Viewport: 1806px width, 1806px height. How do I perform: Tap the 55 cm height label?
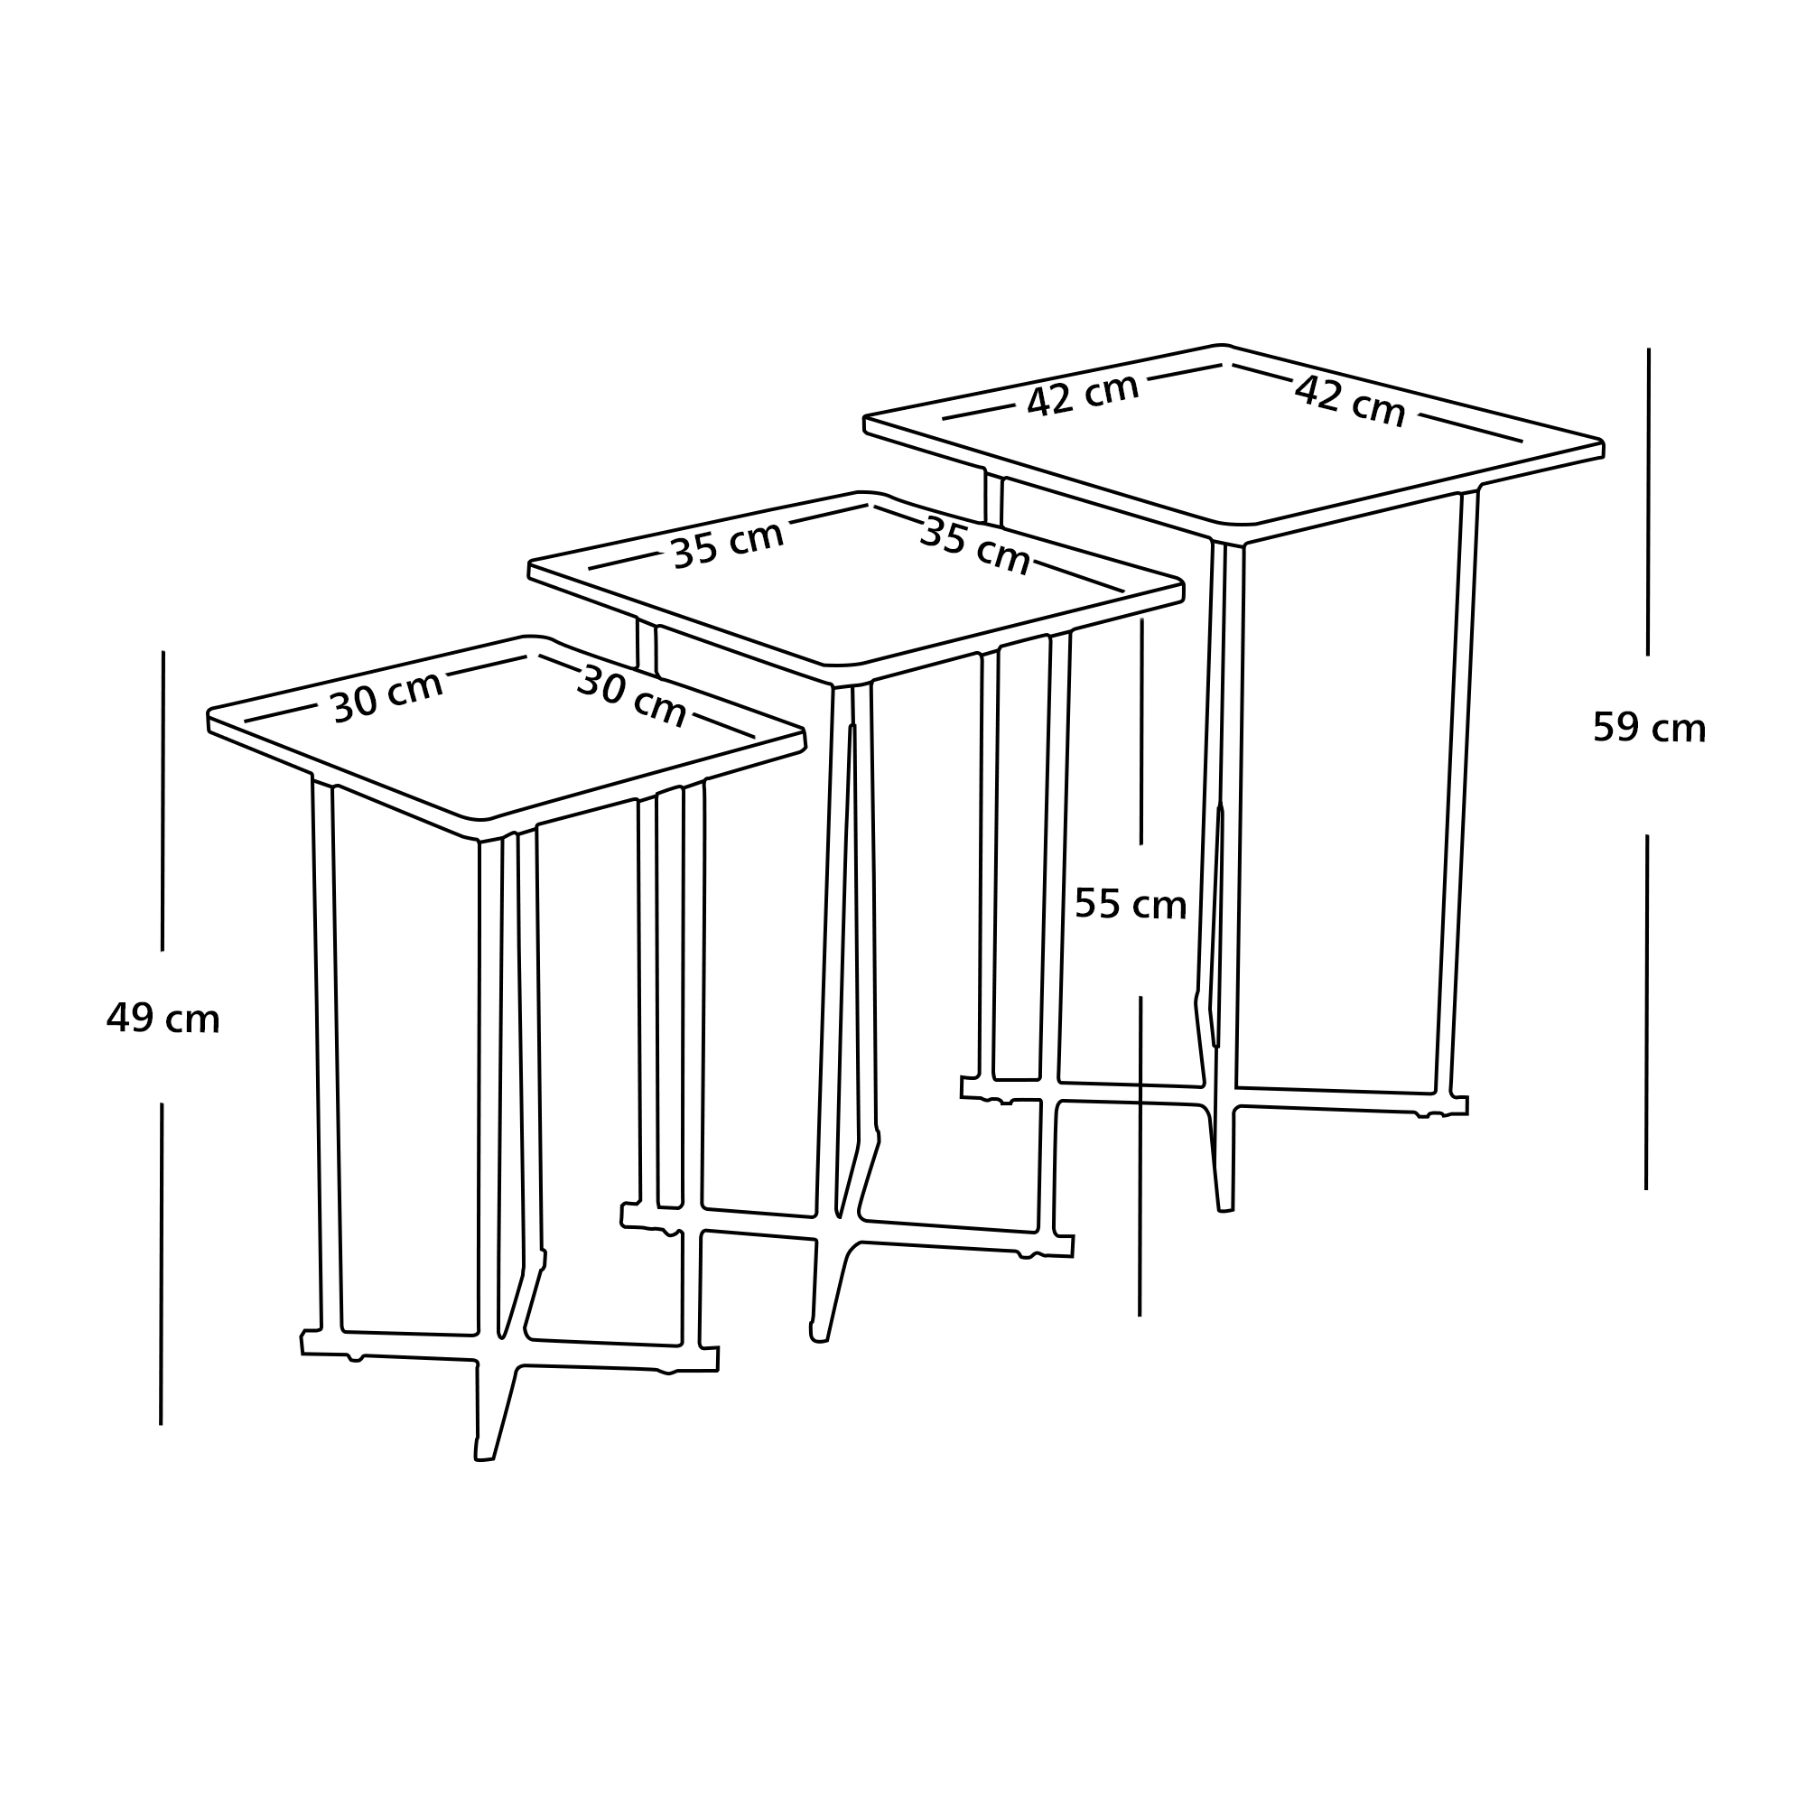1131,904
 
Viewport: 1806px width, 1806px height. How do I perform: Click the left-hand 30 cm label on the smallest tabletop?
386,696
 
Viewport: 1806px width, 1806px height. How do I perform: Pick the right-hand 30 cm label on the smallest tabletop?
632,695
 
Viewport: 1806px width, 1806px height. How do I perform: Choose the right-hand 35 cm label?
975,546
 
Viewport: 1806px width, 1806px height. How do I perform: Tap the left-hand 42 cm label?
1083,395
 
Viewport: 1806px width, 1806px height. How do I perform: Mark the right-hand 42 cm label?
1350,401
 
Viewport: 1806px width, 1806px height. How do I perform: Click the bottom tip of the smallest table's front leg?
484,1459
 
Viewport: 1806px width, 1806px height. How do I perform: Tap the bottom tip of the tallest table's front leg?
1225,1212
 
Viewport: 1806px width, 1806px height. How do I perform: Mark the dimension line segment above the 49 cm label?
163,801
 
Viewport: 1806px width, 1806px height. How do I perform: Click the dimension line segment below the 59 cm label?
1646,1012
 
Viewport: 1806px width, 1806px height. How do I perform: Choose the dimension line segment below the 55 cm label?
1140,1157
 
